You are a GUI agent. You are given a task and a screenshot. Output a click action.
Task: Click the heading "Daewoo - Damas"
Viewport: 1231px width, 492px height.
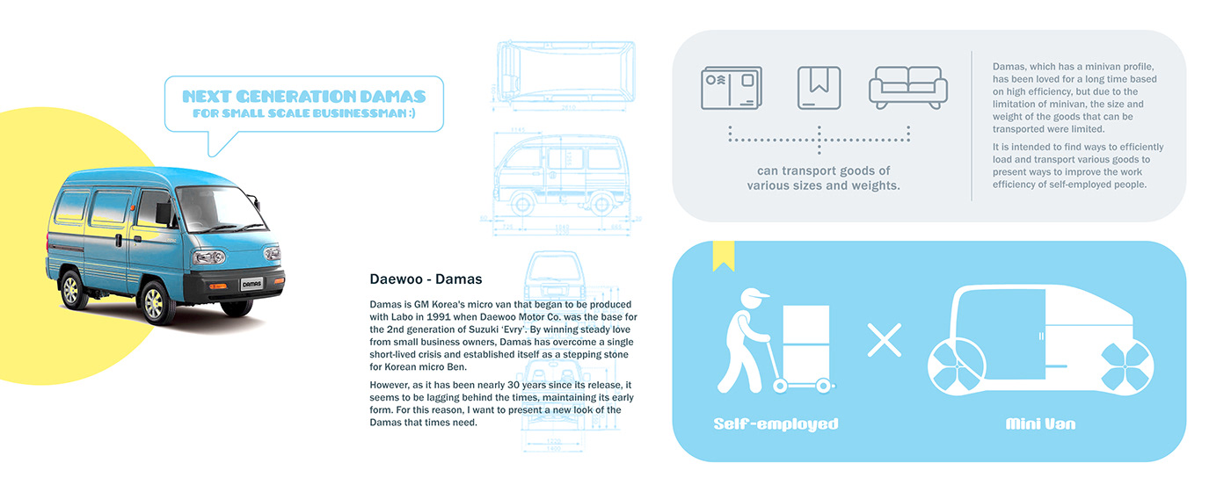(426, 280)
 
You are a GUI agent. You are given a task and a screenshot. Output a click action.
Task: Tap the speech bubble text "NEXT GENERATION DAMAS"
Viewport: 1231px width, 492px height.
(303, 97)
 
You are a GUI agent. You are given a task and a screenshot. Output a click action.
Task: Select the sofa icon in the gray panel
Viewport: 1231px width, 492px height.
(907, 88)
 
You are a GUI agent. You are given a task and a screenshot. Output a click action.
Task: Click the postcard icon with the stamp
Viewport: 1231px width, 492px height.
(731, 88)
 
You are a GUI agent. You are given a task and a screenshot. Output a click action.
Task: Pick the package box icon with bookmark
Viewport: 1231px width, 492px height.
(819, 88)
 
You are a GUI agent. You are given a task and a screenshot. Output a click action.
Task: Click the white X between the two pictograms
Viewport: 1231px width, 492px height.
(884, 340)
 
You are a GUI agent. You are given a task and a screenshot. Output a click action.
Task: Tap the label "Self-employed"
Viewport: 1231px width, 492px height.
(776, 424)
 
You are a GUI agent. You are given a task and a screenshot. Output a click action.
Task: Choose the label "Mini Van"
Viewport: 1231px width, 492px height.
(1040, 424)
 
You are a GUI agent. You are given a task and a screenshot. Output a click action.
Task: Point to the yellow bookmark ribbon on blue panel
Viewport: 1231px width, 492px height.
(724, 256)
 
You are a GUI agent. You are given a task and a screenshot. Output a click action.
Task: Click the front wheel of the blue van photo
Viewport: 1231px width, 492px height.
(153, 302)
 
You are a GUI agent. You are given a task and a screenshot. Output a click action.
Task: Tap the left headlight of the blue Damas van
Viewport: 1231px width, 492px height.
(208, 257)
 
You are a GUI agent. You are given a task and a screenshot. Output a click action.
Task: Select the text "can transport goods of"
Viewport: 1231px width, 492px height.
(823, 170)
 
